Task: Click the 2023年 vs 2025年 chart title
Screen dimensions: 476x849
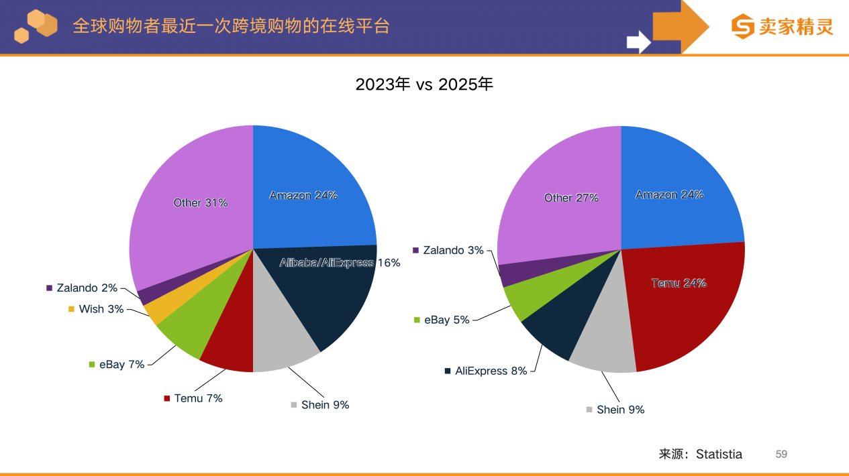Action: (x=424, y=84)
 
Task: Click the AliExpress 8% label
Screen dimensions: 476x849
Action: (x=491, y=371)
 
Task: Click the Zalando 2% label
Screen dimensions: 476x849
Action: (x=87, y=288)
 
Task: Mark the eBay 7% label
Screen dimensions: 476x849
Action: (x=121, y=365)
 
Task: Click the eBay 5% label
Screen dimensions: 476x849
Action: (x=446, y=320)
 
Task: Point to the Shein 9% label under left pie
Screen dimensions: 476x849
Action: (x=325, y=405)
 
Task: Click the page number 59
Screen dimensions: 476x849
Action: (x=781, y=454)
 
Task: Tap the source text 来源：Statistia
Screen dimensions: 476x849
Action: (x=701, y=454)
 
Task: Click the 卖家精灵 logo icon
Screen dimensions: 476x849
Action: (x=743, y=27)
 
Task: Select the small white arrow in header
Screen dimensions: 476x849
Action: (x=638, y=42)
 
